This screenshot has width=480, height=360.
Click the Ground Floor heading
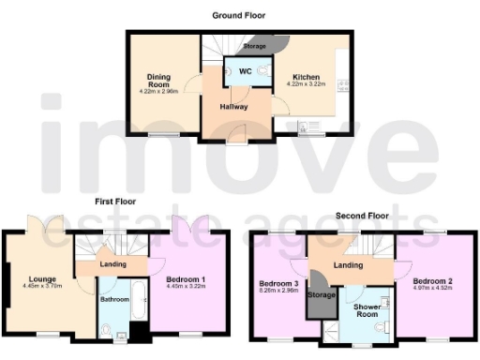(x=238, y=15)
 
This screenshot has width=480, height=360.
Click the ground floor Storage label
(x=254, y=45)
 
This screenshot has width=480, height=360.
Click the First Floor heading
(x=114, y=202)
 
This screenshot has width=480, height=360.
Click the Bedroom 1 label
(x=186, y=279)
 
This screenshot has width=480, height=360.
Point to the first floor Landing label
(x=113, y=264)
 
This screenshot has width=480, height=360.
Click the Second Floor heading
(x=362, y=216)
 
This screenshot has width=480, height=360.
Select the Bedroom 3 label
(x=278, y=284)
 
